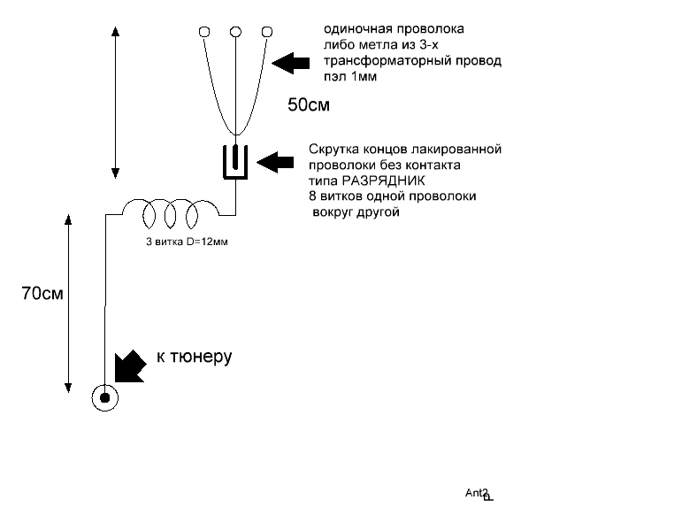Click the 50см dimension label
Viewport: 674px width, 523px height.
point(309,105)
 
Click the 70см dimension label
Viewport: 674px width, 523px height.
point(42,293)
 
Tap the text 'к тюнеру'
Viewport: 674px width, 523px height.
point(195,357)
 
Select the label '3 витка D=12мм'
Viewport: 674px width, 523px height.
point(187,242)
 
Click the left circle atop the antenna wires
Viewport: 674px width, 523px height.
point(204,32)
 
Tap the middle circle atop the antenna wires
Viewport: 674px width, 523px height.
point(235,32)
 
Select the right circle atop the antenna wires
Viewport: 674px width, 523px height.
point(267,32)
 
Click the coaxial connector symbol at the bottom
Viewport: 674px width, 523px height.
point(105,398)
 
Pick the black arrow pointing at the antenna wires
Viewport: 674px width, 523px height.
point(291,63)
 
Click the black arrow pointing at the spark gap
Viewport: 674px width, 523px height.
point(275,163)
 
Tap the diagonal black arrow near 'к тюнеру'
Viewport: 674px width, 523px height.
point(130,366)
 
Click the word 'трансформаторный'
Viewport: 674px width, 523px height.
point(385,61)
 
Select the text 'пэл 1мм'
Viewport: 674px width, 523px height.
point(350,77)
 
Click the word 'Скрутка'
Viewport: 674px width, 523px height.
point(334,150)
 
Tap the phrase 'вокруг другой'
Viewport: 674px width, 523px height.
point(356,212)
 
